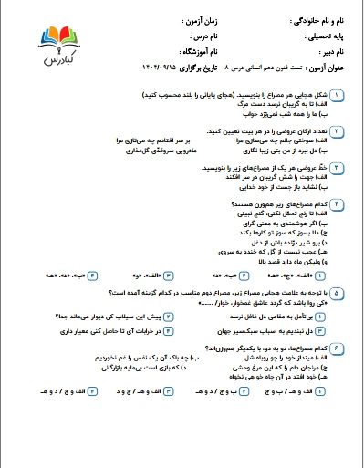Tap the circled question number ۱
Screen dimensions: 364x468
(x=337, y=95)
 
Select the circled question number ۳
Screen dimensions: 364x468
(x=337, y=168)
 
